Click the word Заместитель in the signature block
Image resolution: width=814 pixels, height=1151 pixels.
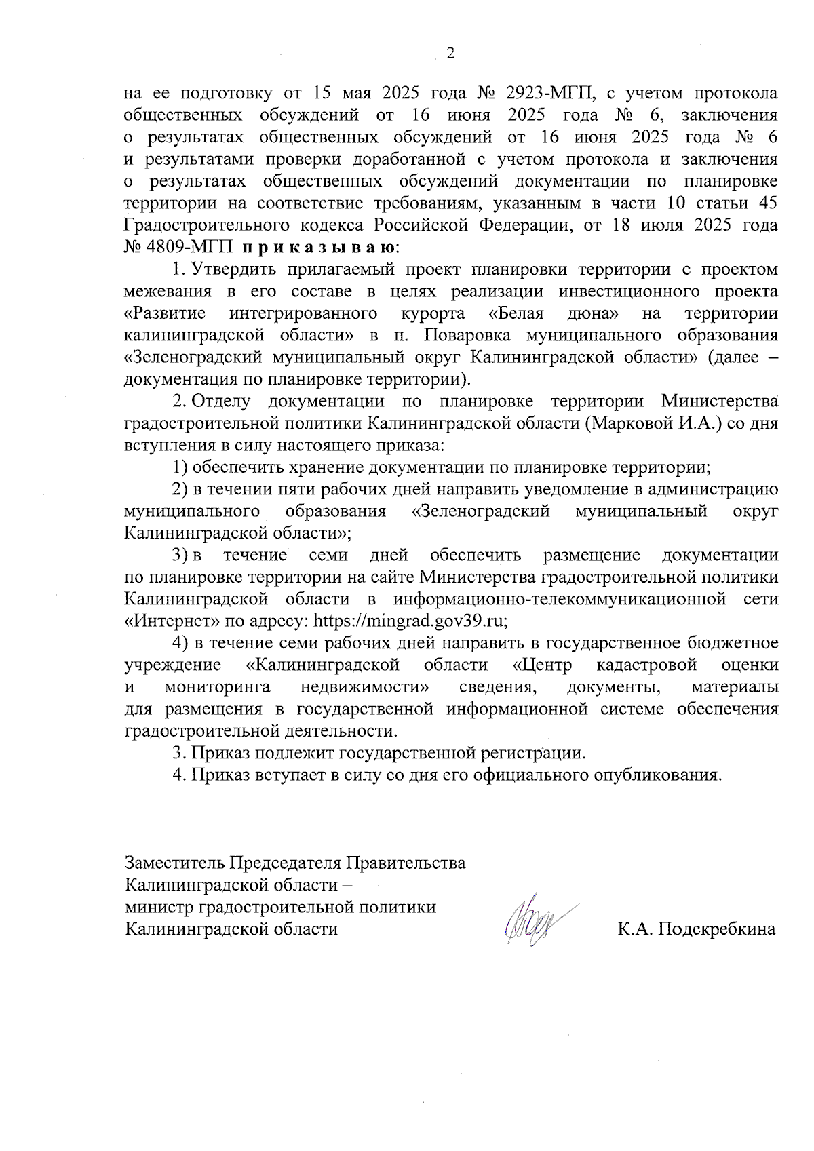click(x=174, y=863)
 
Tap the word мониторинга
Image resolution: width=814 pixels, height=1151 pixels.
click(x=217, y=687)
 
